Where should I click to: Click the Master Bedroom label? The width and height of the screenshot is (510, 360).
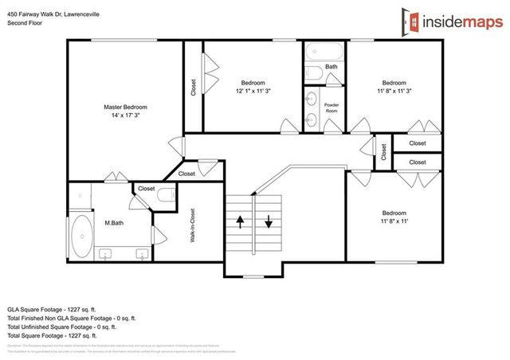click(125, 107)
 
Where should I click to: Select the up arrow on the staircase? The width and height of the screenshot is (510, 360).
click(239, 220)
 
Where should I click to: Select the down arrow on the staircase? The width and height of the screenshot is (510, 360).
click(269, 221)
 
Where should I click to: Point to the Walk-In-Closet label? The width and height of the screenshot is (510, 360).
click(191, 227)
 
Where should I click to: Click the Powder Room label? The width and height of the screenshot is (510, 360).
click(331, 108)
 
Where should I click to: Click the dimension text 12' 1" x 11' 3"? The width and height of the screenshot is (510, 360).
click(253, 91)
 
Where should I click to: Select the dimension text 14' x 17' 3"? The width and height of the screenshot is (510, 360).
click(125, 115)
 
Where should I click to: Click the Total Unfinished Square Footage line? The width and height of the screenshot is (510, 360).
click(61, 327)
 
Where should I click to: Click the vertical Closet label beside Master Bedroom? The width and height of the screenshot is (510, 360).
click(193, 87)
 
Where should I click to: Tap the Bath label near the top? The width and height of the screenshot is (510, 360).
click(331, 67)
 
